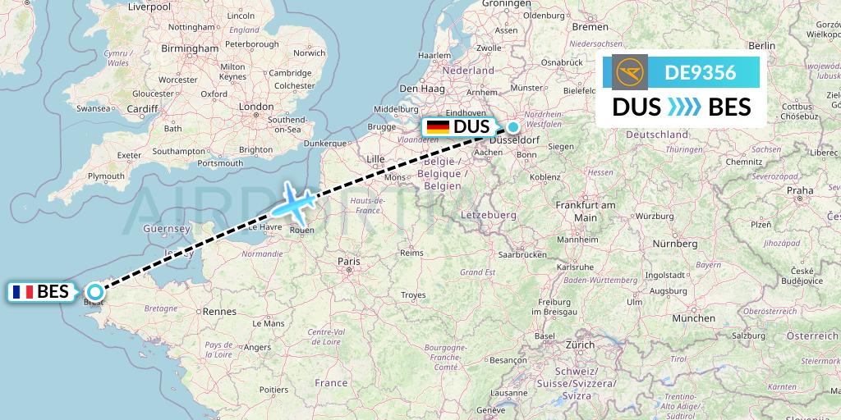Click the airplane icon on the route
(292, 202)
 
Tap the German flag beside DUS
(437, 127)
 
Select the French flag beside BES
(22, 291)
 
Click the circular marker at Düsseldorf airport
(513, 127)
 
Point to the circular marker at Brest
(95, 291)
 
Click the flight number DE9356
(700, 72)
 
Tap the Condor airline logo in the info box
(630, 72)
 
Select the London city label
(255, 107)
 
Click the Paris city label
(349, 262)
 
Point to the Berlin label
(762, 46)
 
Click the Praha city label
(799, 189)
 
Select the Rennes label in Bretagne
(219, 312)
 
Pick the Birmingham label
(190, 48)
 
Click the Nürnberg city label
(674, 244)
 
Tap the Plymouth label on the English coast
(106, 176)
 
